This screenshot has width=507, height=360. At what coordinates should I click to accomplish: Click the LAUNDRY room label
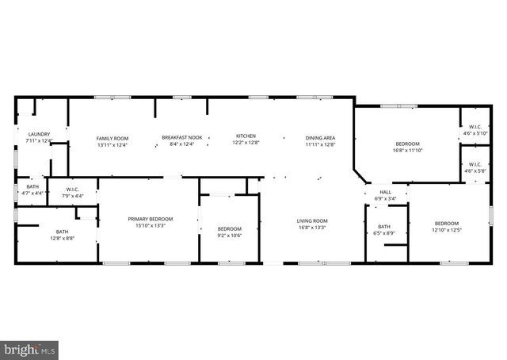click(39, 134)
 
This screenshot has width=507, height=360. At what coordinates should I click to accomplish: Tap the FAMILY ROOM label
click(112, 138)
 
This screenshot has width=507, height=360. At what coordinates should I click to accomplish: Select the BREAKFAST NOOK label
click(181, 138)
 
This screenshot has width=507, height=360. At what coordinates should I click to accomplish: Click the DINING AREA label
click(321, 138)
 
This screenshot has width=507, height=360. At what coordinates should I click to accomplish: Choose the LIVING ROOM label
click(312, 220)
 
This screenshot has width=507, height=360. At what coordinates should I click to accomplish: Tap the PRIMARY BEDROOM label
click(151, 219)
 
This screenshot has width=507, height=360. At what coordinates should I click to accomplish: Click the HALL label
click(386, 192)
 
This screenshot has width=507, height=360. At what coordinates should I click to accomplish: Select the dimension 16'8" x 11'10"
click(408, 150)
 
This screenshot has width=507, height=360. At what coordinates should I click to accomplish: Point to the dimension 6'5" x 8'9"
click(384, 233)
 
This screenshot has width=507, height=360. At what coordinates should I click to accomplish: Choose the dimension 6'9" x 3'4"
click(386, 199)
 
